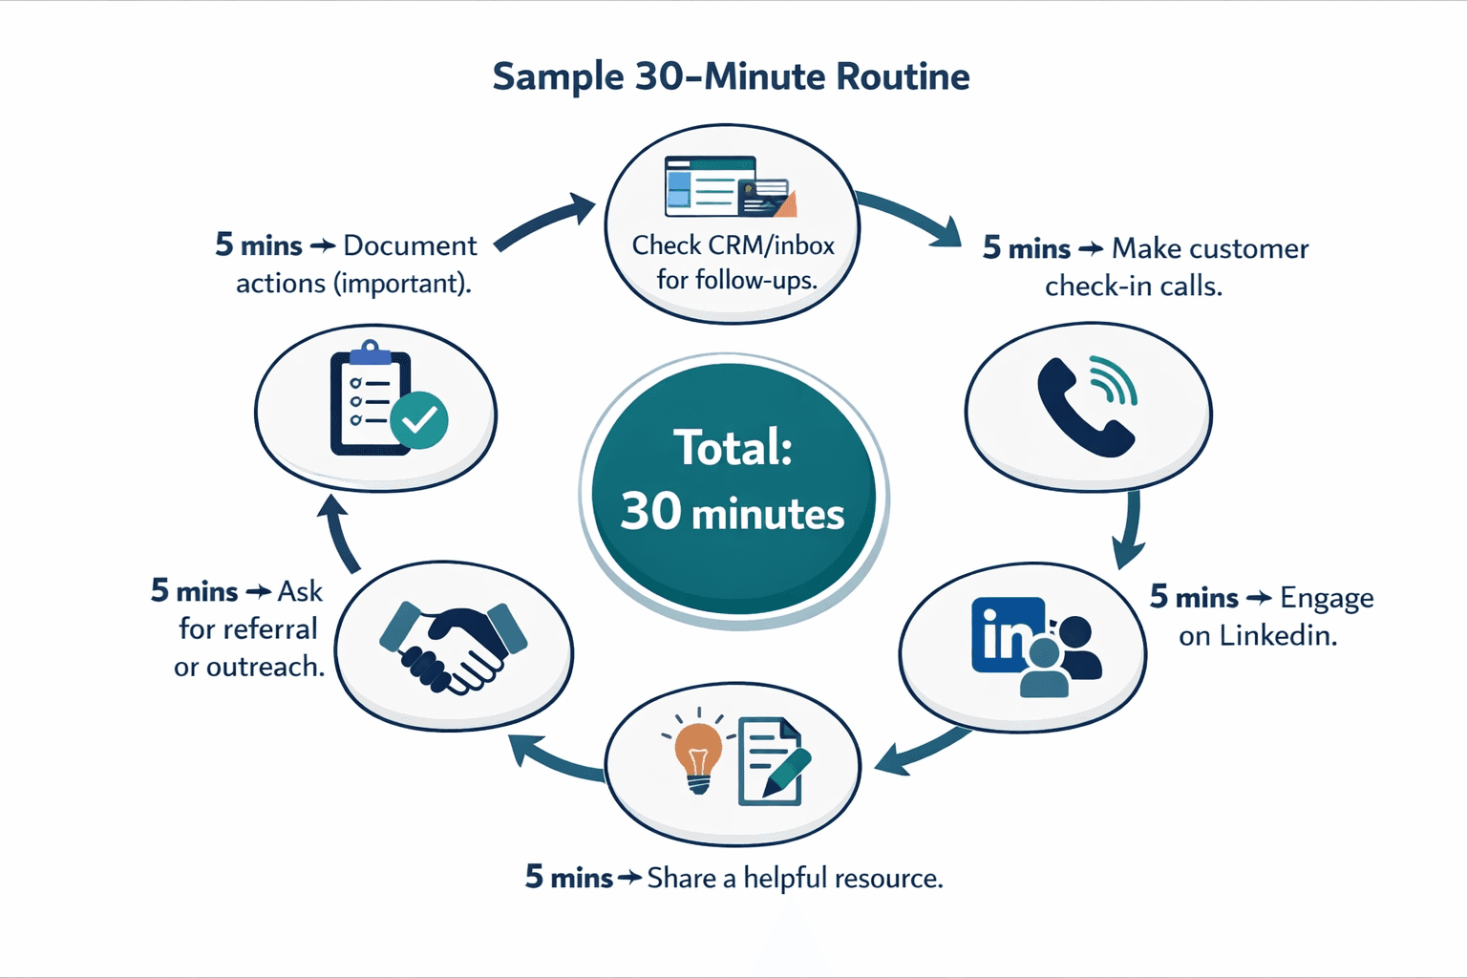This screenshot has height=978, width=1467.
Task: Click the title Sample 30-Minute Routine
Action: tap(731, 76)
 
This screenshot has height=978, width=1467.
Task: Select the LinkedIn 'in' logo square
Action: tap(1007, 635)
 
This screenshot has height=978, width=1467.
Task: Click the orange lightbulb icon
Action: tap(698, 755)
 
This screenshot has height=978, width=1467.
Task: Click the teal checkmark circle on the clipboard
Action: tap(419, 419)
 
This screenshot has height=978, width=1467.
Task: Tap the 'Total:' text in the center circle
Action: tap(733, 447)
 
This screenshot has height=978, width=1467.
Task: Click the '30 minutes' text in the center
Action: tap(733, 513)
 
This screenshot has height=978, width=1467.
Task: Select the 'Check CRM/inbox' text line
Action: tap(733, 245)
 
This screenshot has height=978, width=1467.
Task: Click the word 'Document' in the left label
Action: tap(410, 245)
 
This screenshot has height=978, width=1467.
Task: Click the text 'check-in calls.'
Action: tap(1133, 286)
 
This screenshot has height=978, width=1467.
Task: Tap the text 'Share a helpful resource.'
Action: tap(795, 878)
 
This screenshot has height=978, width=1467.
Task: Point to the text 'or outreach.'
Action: tap(249, 667)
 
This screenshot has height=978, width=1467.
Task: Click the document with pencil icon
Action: tap(772, 761)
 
